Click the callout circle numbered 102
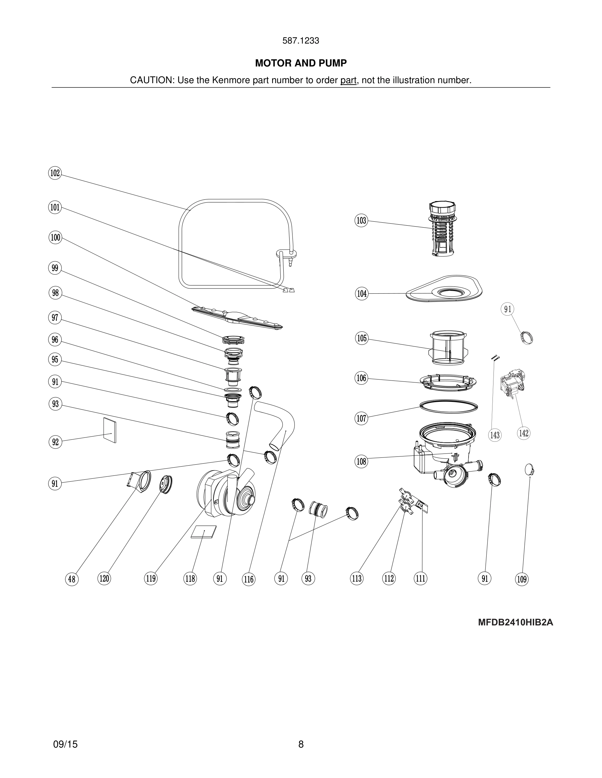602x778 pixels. pos(55,173)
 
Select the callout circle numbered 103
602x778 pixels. pos(361,220)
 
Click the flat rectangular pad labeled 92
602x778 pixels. pos(110,430)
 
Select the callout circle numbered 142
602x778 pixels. pos(524,433)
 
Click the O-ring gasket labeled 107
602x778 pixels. pos(449,406)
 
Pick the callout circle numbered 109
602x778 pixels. pos(522,579)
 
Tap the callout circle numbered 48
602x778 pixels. pos(72,579)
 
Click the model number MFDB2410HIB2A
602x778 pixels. pos(515,622)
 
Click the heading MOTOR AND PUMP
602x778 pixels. pos(301,64)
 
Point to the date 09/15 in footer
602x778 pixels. pos(65,744)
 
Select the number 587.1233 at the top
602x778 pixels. pos(301,41)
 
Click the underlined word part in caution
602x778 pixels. pos(348,81)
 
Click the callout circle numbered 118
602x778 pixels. pos(190,579)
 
